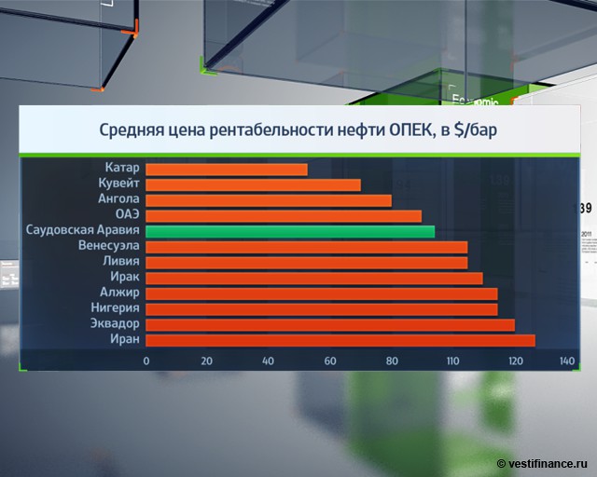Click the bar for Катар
point(227,170)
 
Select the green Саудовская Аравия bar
point(290,231)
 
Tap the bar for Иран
point(340,340)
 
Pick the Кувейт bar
point(253,184)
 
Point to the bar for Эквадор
point(330,324)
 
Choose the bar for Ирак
point(314,278)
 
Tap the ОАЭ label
point(127,215)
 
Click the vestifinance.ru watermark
point(544,463)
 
